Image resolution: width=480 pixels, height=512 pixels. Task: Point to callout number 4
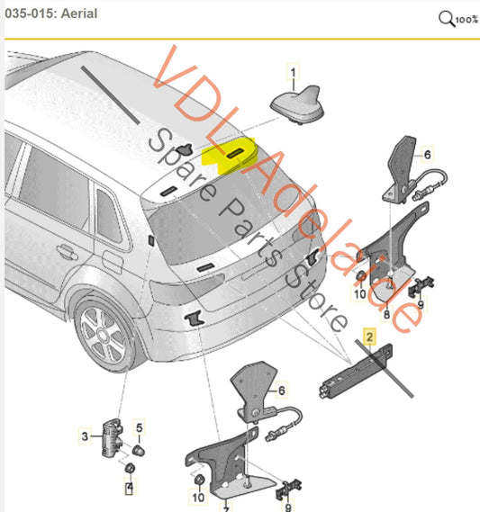click(130, 488)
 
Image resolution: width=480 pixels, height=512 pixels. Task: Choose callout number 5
click(138, 427)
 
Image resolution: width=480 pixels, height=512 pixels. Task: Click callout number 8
click(385, 314)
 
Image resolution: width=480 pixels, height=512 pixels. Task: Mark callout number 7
click(226, 508)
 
